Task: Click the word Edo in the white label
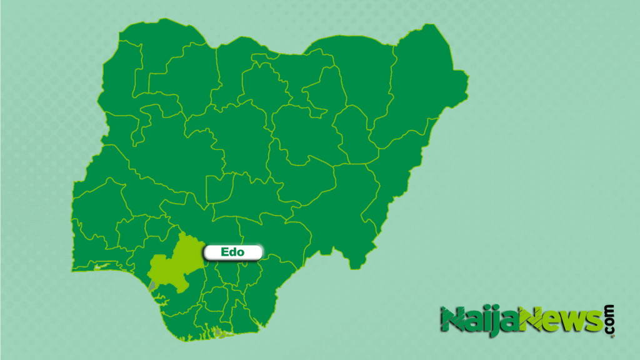232,252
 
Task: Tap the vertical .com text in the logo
609,320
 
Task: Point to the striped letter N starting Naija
451,320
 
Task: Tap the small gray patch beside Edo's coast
152,285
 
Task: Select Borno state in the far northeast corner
419,87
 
